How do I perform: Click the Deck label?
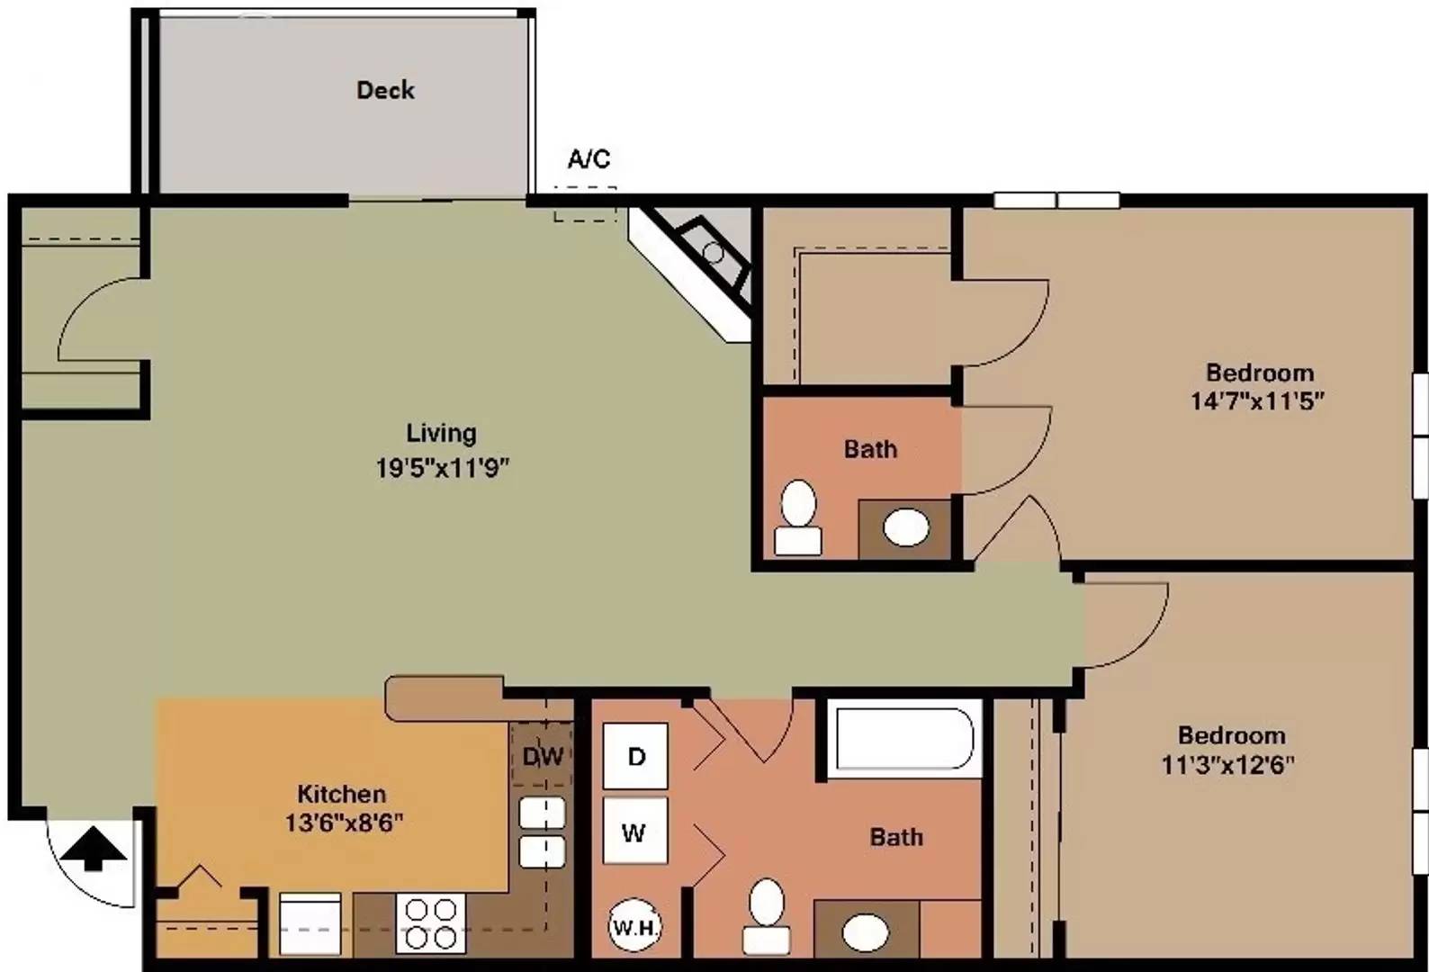(x=385, y=90)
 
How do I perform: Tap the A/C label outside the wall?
(x=589, y=159)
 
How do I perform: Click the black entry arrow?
(x=94, y=848)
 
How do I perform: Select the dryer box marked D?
(x=635, y=756)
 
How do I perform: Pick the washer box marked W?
(x=635, y=831)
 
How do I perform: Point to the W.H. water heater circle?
(x=634, y=926)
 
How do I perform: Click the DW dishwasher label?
(x=543, y=757)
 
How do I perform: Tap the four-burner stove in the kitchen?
(x=431, y=923)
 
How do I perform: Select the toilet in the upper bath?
(x=797, y=517)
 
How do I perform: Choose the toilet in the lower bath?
(x=766, y=917)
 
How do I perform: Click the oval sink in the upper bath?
(x=906, y=527)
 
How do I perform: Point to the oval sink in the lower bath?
(x=866, y=932)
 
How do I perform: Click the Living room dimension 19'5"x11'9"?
(x=442, y=468)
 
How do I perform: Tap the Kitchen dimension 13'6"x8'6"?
(x=344, y=823)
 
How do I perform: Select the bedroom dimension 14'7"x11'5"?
(x=1257, y=400)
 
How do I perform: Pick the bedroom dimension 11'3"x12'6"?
(x=1228, y=764)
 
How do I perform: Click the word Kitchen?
(x=342, y=794)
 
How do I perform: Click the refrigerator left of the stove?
(x=310, y=923)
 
